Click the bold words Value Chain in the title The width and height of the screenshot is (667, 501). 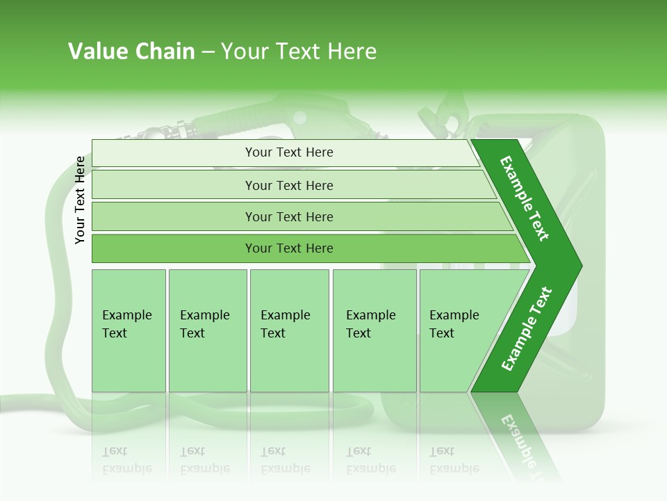(x=131, y=51)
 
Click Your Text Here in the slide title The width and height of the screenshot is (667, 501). (x=299, y=51)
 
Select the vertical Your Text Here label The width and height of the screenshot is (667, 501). (x=81, y=200)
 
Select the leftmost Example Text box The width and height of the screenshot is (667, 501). (x=129, y=331)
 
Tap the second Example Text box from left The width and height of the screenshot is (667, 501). (x=207, y=331)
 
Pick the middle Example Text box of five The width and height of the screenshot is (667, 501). (x=289, y=331)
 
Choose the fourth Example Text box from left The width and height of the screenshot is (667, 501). (x=374, y=331)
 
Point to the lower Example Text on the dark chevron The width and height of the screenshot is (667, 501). (x=527, y=329)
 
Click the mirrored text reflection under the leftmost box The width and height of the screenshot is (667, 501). (x=127, y=460)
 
